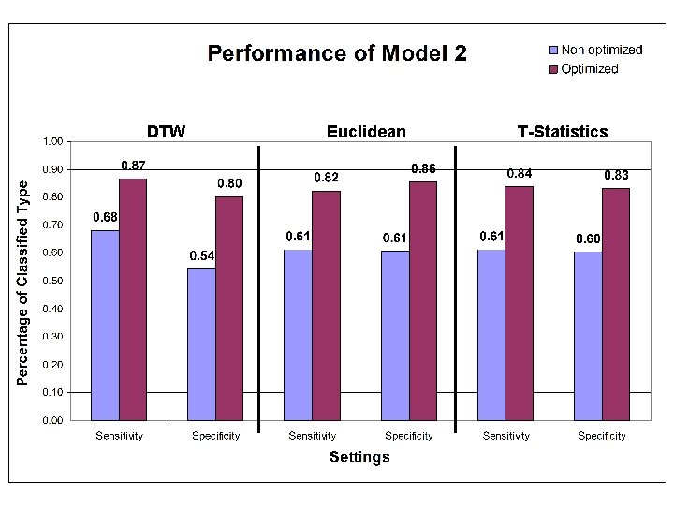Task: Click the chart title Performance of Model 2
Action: [x=336, y=53]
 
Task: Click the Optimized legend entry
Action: [x=589, y=69]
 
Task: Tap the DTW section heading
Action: [x=166, y=132]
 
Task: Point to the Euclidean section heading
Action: [x=366, y=132]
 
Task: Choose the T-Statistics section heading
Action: [x=562, y=132]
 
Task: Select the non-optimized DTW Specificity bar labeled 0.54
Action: [x=201, y=344]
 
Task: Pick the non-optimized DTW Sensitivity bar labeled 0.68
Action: [x=105, y=325]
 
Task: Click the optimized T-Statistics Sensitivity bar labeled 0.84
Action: [x=520, y=303]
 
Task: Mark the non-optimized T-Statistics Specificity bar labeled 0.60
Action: [x=588, y=336]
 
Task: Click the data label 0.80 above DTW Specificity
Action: [x=230, y=182]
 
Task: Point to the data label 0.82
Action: [x=326, y=177]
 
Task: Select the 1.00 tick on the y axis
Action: [x=51, y=141]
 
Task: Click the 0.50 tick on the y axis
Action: [x=51, y=281]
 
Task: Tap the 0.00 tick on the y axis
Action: [x=51, y=420]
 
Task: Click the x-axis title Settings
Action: [x=359, y=457]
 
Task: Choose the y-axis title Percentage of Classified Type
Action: [x=24, y=281]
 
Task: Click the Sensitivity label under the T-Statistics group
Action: [x=505, y=436]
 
